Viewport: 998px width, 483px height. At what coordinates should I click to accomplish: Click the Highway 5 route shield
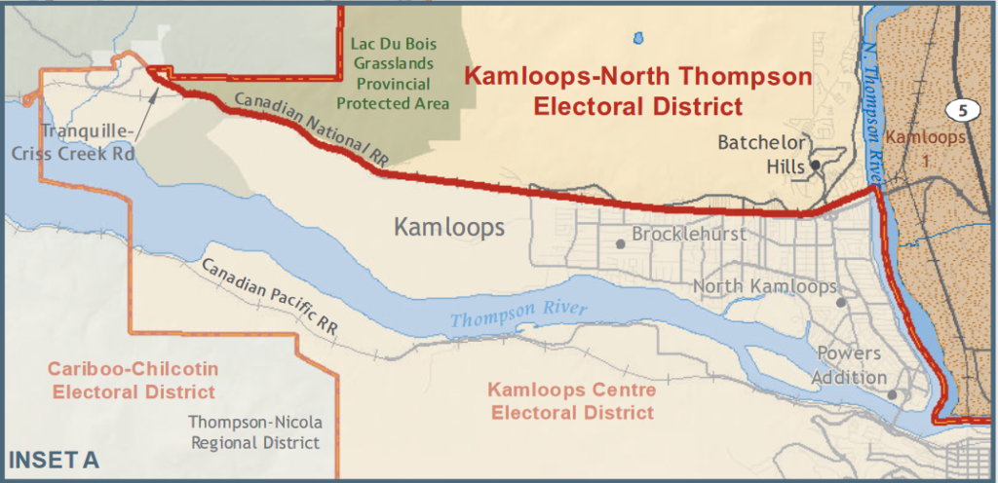(962, 110)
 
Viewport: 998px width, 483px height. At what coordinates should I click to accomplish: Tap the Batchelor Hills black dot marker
(815, 166)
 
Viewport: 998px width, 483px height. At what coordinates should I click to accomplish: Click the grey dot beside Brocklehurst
(620, 243)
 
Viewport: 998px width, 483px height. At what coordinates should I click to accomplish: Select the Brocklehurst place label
(689, 235)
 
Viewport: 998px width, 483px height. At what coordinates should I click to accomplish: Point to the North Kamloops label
(764, 286)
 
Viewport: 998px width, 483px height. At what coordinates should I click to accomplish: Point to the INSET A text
(54, 459)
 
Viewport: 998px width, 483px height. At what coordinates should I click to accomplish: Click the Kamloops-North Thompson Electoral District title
(637, 90)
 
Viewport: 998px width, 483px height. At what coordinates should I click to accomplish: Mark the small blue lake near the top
(638, 39)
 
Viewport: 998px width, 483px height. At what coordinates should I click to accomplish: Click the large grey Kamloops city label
(449, 228)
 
